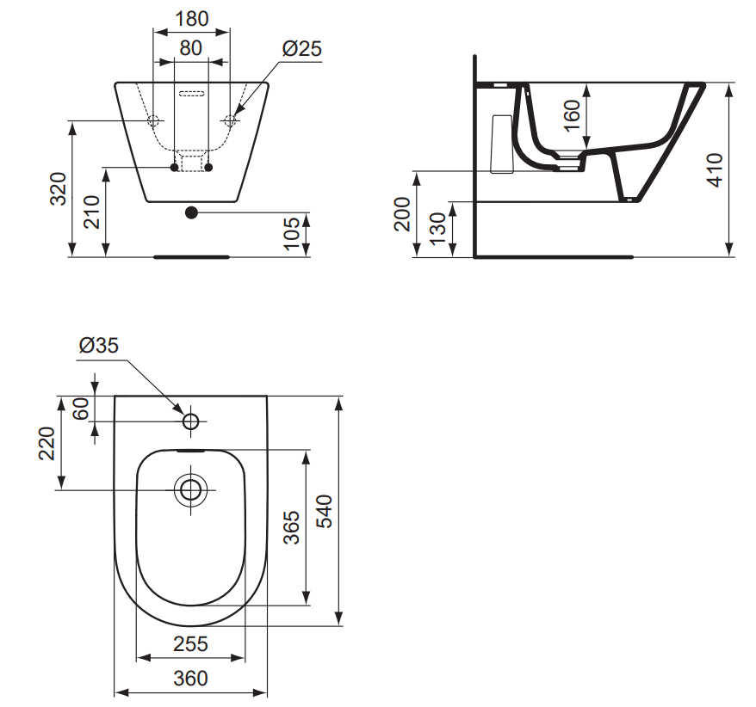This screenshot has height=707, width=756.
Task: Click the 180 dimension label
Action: [191, 18]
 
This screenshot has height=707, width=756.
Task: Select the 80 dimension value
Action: [191, 48]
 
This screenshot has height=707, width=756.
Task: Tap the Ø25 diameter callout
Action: [301, 48]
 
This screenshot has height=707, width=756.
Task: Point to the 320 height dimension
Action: [58, 188]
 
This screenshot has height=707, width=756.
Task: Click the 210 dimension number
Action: [92, 212]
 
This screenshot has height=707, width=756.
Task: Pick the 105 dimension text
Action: [292, 233]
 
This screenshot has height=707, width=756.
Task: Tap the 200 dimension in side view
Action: [402, 213]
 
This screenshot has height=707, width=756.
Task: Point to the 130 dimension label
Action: [437, 228]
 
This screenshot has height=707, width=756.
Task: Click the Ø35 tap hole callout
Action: [98, 346]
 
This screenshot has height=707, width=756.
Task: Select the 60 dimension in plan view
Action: [81, 409]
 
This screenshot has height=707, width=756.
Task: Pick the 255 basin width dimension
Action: [190, 643]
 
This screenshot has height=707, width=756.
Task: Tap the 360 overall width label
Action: [190, 678]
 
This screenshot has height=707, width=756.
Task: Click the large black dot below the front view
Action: [191, 212]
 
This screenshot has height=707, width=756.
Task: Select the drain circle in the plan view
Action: [190, 490]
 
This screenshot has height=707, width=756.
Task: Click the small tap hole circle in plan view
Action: [190, 421]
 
